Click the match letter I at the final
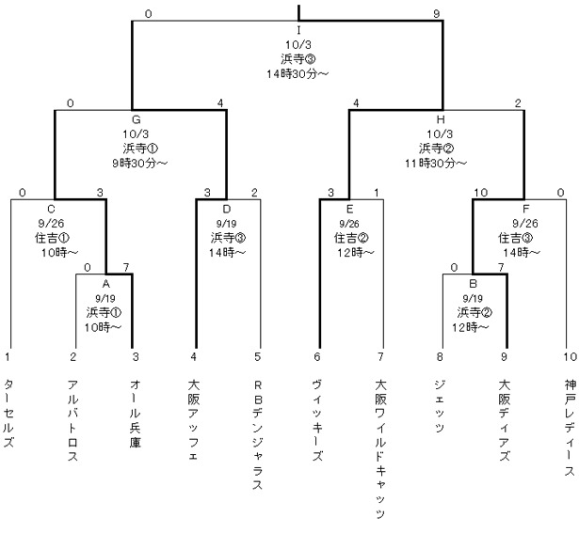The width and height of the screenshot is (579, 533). coord(298,29)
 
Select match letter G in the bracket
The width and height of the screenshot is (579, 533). coord(137,119)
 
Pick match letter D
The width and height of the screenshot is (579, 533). coord(227,210)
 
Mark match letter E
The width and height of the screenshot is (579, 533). coord(349,210)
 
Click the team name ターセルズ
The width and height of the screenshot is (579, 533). coord(8,414)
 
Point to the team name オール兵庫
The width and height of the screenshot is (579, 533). coord(136,414)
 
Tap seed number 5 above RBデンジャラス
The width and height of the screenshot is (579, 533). coord(257,356)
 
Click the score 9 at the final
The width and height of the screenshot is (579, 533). coord(436,13)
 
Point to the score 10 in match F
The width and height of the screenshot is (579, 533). coord(479,193)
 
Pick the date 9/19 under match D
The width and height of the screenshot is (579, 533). coord(227,225)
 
